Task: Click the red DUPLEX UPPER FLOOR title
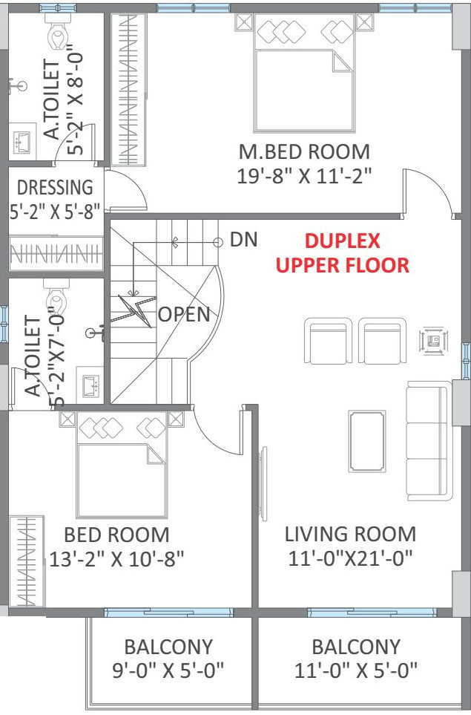pyautogui.click(x=343, y=253)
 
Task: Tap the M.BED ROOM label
pyautogui.click(x=304, y=152)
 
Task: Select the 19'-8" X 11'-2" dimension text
pyautogui.click(x=304, y=176)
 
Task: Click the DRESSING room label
pyautogui.click(x=55, y=187)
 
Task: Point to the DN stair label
pyautogui.click(x=244, y=239)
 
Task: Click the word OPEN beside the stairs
pyautogui.click(x=184, y=314)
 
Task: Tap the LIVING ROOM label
pyautogui.click(x=350, y=534)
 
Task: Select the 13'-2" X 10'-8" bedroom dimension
pyautogui.click(x=116, y=558)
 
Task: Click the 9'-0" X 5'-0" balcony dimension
pyautogui.click(x=168, y=670)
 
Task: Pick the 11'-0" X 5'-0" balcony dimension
pyautogui.click(x=356, y=670)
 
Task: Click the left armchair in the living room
pyautogui.click(x=329, y=341)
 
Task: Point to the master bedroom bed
pyautogui.click(x=304, y=73)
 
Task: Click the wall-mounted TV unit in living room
pyautogui.click(x=263, y=483)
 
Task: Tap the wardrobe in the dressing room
pyautogui.click(x=55, y=253)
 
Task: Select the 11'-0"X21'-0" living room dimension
pyautogui.click(x=350, y=558)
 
